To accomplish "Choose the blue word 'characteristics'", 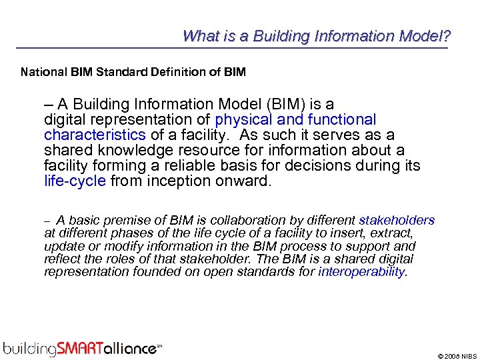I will click(95, 135).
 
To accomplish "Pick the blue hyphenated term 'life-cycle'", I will click(75, 181).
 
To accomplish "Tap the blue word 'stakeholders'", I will click(397, 221).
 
